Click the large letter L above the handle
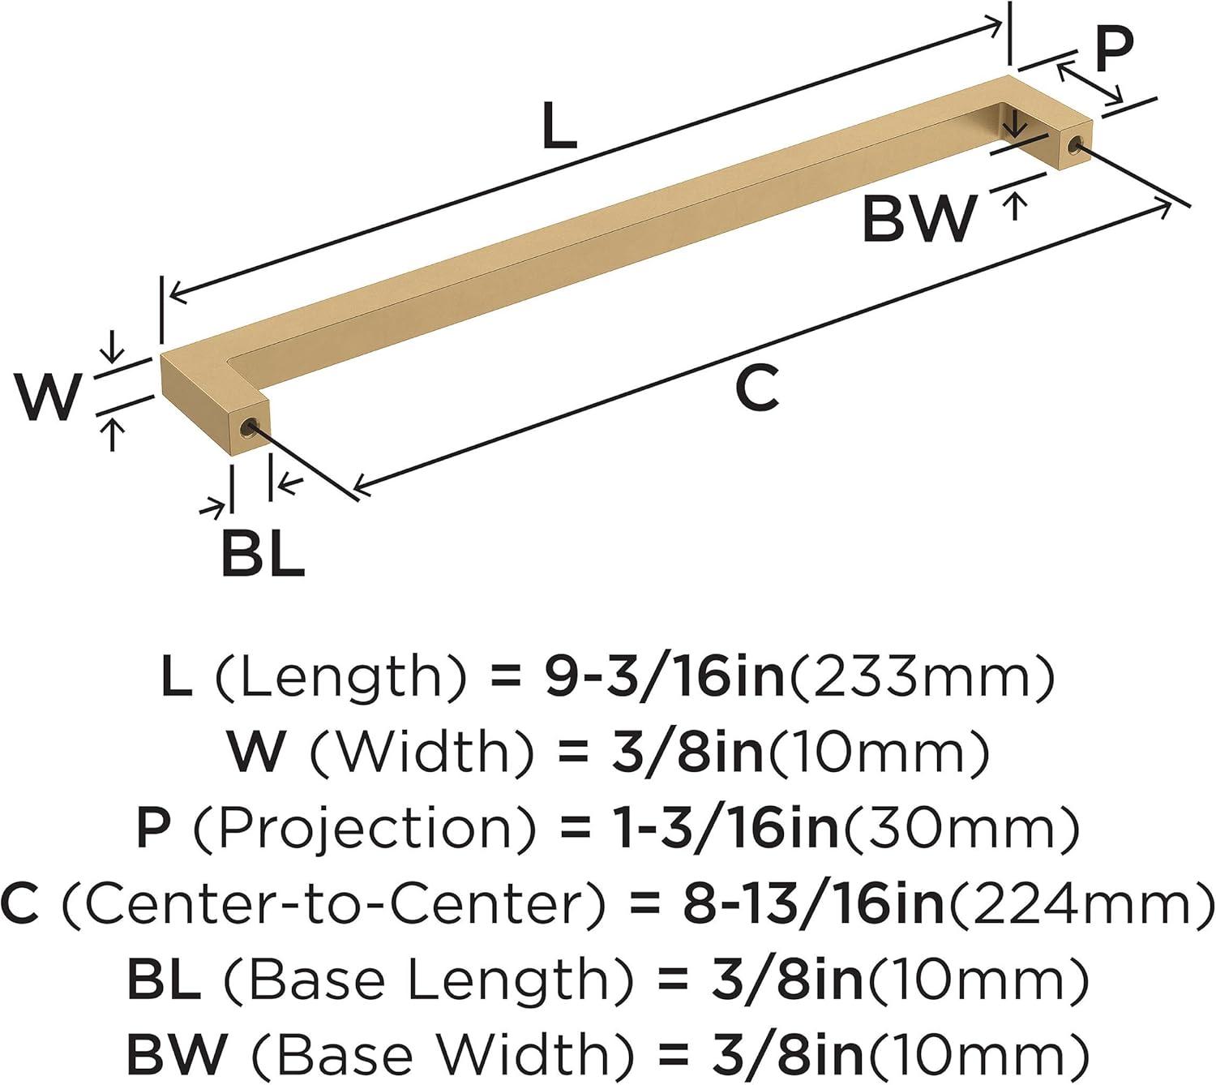tap(559, 126)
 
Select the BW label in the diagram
tap(918, 219)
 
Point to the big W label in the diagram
tap(47, 397)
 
